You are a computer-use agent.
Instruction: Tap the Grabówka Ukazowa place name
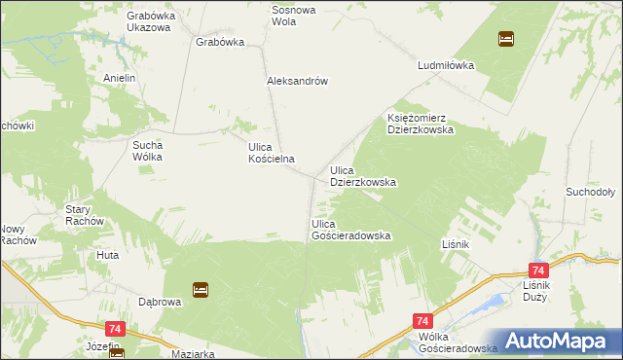(148, 20)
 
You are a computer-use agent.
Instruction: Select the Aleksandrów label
(296, 82)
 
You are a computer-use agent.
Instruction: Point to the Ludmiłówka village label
(445, 66)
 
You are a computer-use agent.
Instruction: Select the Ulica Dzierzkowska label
(362, 176)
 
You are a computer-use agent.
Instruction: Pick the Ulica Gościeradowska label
(350, 230)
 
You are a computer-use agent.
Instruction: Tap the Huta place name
(107, 255)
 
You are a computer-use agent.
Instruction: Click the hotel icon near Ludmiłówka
(506, 40)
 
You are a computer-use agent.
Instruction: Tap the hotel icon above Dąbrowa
(200, 289)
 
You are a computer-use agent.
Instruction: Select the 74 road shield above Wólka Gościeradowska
(422, 320)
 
